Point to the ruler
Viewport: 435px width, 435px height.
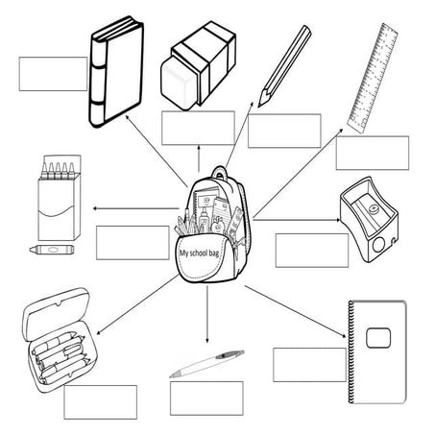click(x=373, y=77)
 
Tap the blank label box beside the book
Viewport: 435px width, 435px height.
click(x=53, y=73)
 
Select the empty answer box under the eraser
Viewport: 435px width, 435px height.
click(x=197, y=128)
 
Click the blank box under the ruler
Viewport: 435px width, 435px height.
click(x=372, y=152)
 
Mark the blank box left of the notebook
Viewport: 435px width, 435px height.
click(x=309, y=365)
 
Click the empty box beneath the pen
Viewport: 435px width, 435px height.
click(x=205, y=397)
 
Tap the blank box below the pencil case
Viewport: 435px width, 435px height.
click(x=100, y=401)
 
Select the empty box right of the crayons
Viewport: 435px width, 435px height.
click(x=132, y=242)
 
